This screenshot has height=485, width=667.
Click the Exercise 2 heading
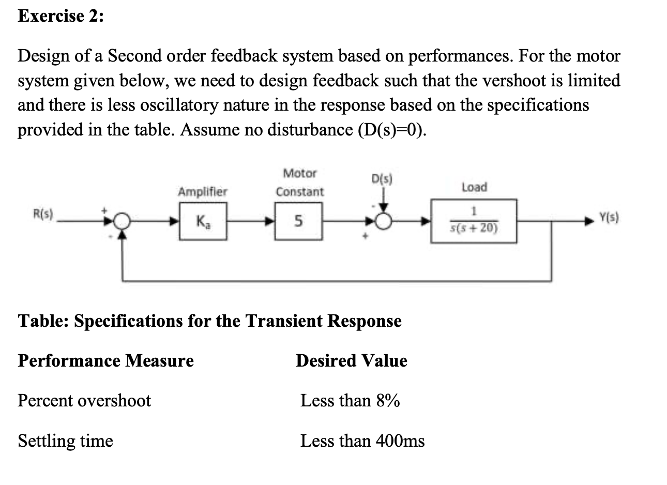[60, 16]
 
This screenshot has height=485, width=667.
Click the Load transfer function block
[474, 221]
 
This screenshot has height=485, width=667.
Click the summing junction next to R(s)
[122, 221]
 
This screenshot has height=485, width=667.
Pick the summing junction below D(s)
[383, 221]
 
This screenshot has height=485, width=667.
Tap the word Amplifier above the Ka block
[202, 192]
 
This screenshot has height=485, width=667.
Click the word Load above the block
[474, 187]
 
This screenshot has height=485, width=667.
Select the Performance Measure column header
[105, 360]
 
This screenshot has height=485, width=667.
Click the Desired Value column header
[351, 360]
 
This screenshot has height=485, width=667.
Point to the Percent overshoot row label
[84, 400]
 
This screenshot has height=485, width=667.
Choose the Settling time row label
[65, 441]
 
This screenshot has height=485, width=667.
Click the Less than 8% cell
[350, 400]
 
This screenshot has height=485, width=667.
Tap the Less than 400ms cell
[362, 441]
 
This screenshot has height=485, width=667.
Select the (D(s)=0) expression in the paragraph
[392, 129]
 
